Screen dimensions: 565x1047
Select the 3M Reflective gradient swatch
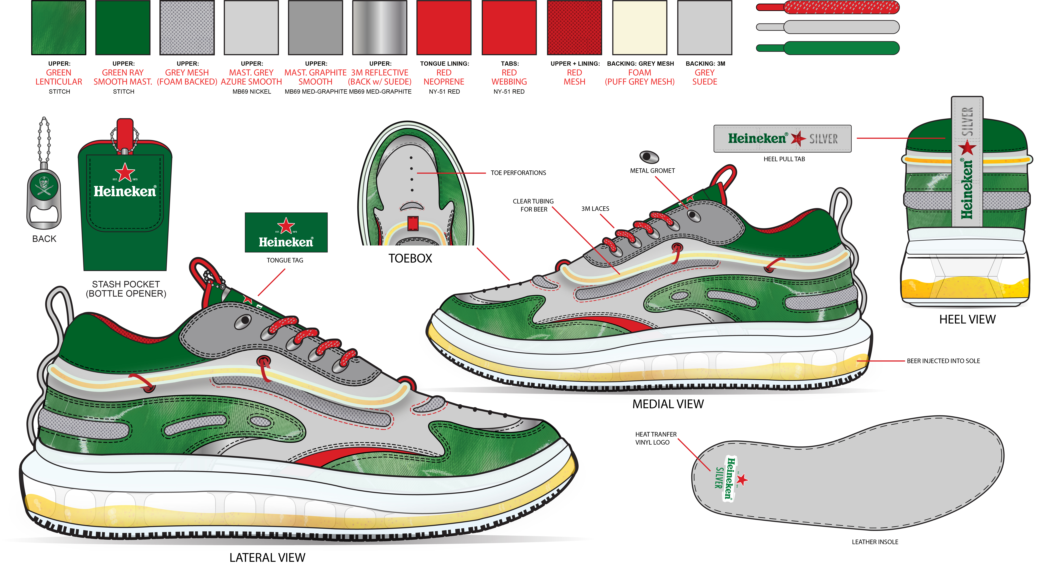coord(380,28)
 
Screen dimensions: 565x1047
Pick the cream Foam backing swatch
coord(639,28)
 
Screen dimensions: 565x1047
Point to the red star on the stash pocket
coord(125,172)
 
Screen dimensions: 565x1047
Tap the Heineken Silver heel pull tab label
coord(782,139)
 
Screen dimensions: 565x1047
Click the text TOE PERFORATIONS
coord(518,173)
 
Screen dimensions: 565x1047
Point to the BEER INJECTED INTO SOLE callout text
coord(943,361)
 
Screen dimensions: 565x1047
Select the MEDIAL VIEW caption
coord(668,404)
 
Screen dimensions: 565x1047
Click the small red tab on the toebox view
coord(413,223)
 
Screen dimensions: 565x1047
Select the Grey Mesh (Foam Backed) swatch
coord(187,28)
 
